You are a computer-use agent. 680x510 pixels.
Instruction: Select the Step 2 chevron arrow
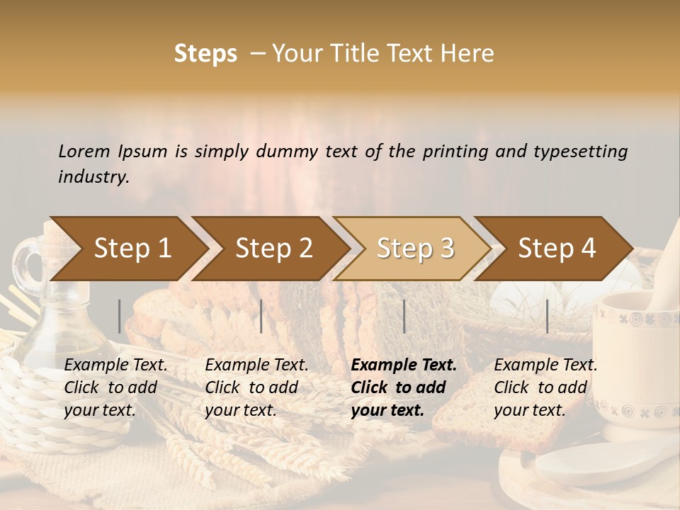coord(273,249)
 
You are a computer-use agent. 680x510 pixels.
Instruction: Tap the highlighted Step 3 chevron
coord(414,249)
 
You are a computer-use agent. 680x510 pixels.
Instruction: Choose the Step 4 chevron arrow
coord(557,249)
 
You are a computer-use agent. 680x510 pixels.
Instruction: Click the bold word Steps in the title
coord(205,54)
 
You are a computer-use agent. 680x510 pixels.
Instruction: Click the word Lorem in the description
coord(84,151)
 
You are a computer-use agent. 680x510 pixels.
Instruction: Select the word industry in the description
coord(93,176)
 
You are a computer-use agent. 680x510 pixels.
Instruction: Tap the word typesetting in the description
coord(580,151)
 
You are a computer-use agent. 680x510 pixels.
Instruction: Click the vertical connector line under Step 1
coord(120,316)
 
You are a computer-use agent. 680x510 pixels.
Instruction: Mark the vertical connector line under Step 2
coord(261,316)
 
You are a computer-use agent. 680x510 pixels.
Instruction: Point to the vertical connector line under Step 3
coord(404,316)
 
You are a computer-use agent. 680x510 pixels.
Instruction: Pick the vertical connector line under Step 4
coord(547,316)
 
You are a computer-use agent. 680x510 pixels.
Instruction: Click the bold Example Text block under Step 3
coord(404,387)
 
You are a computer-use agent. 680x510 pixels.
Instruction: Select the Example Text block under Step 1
coord(115,387)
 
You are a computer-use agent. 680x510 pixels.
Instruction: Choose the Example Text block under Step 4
coord(545,387)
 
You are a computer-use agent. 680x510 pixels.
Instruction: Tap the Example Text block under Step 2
coord(256,387)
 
